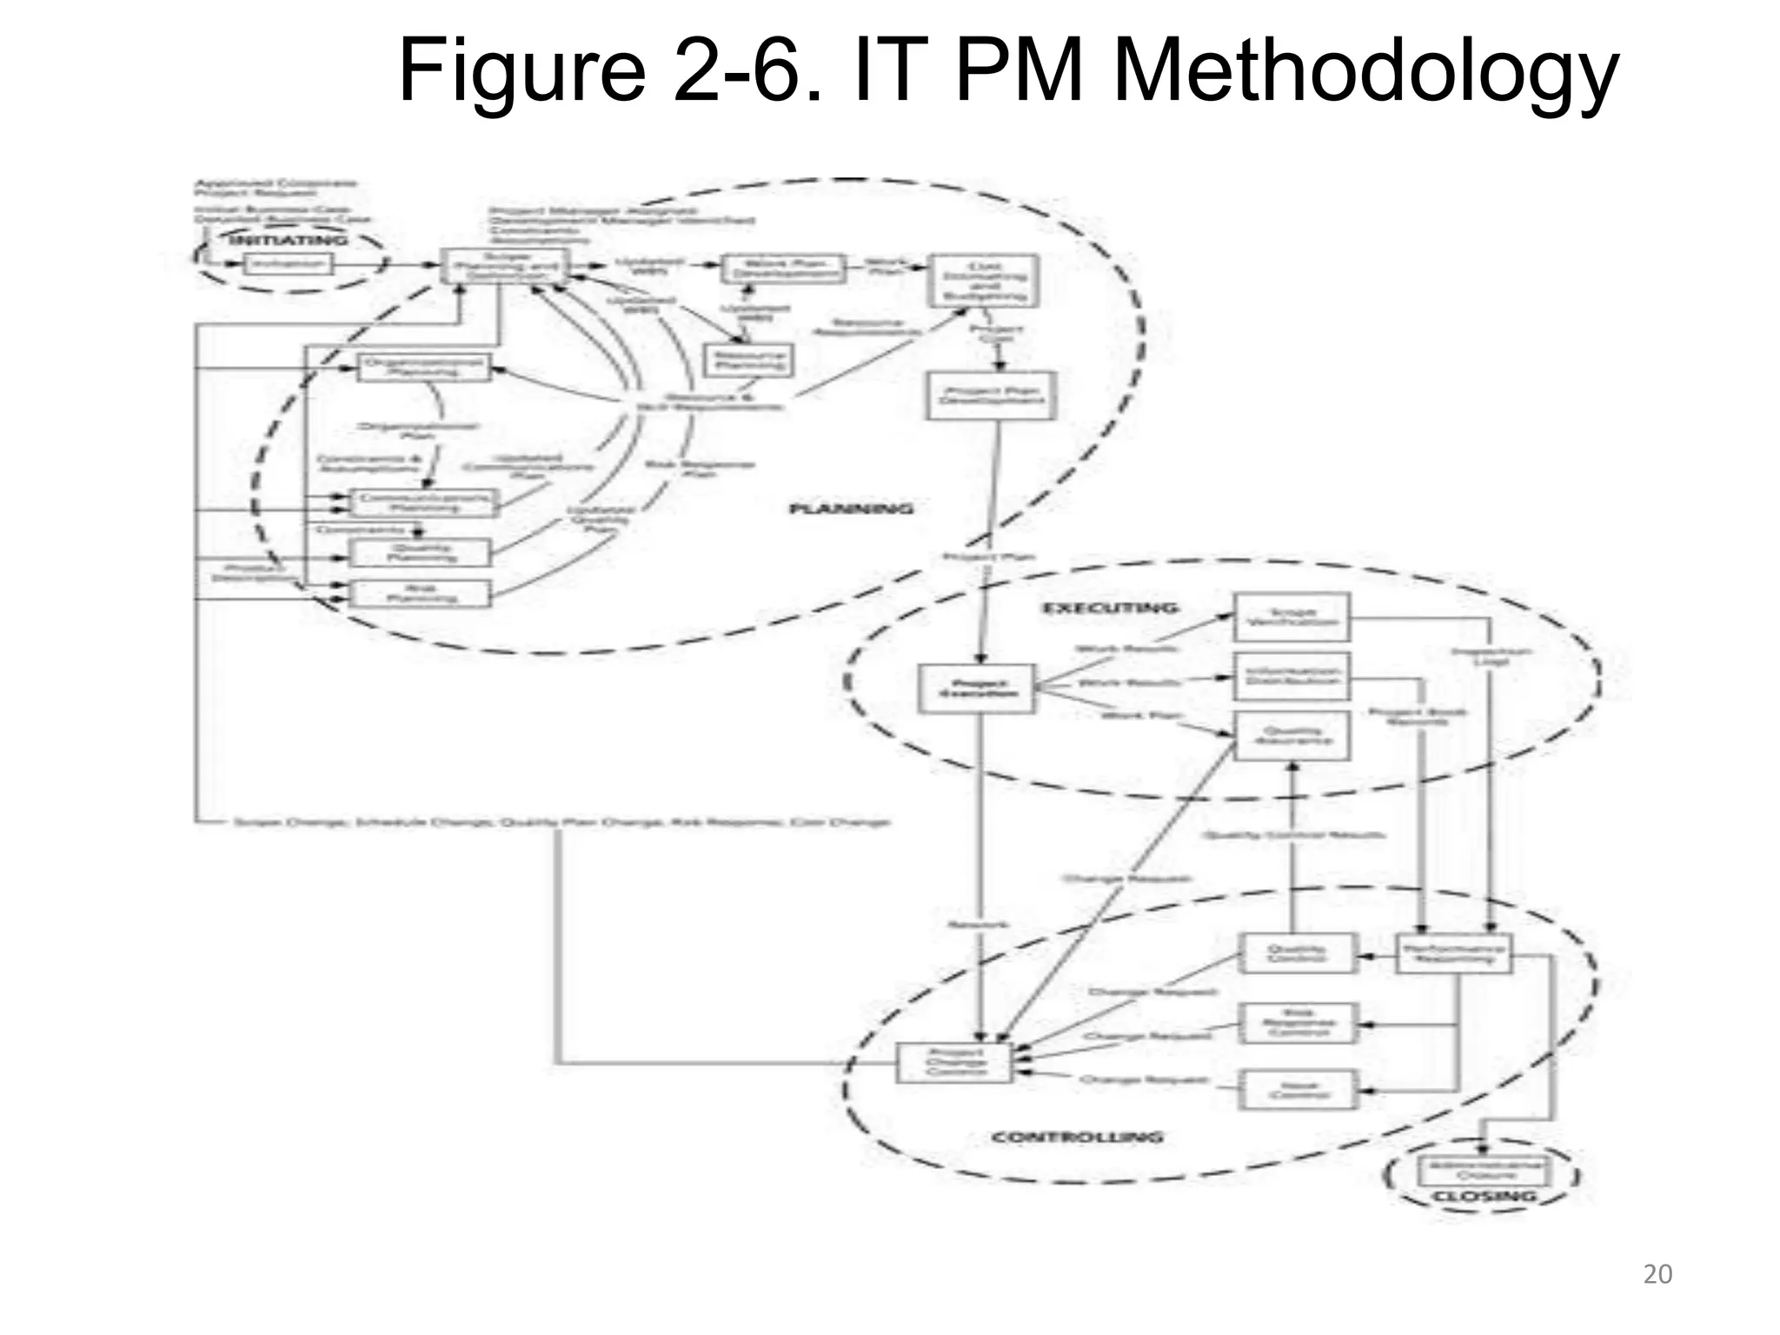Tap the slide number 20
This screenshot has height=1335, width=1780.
click(1657, 1274)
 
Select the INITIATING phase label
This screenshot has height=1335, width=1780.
click(288, 239)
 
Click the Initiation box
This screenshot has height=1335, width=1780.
click(288, 262)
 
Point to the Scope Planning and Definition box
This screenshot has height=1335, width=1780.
click(504, 266)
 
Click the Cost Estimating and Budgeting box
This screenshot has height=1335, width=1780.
click(984, 280)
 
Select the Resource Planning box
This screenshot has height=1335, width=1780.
click(747, 359)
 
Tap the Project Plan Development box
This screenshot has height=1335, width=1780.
click(991, 395)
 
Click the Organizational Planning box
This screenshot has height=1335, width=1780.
click(423, 367)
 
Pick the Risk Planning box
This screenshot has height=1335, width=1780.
click(420, 593)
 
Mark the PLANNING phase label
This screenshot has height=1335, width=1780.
click(851, 508)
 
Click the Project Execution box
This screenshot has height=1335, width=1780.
click(977, 688)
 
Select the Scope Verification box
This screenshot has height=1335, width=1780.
click(1292, 616)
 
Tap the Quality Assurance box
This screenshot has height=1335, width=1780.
click(1292, 735)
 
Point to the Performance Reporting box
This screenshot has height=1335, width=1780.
click(1453, 953)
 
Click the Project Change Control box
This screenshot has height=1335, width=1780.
click(954, 1062)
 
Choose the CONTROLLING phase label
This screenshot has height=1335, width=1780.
click(1077, 1137)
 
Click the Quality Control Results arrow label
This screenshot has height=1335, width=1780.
click(1292, 835)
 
